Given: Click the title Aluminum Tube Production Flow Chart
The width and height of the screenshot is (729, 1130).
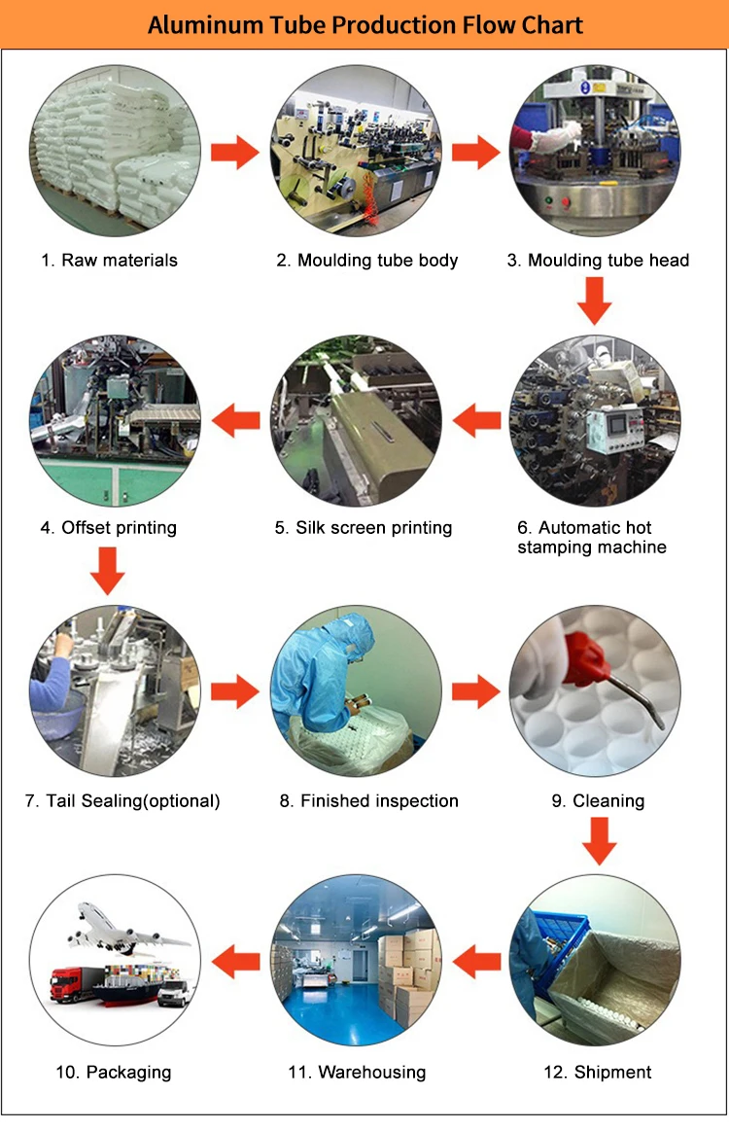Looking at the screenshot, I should [x=364, y=24].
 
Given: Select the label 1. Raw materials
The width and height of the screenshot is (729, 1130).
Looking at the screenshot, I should [x=110, y=260].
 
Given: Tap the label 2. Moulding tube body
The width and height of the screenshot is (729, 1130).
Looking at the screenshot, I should [x=366, y=260].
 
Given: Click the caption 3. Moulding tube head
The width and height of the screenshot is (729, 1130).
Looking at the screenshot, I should [x=599, y=260].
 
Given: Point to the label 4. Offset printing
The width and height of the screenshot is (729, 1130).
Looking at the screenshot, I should [x=109, y=528].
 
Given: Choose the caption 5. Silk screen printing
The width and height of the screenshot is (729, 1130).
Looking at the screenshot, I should [x=364, y=528].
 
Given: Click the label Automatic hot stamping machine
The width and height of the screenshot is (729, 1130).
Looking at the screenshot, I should [x=592, y=538].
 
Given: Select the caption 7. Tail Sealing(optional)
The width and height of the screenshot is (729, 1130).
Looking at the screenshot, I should [x=123, y=801].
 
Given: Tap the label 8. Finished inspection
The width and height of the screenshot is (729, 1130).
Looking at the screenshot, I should [x=368, y=801].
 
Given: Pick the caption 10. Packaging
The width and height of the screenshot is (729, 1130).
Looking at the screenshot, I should [x=114, y=1072].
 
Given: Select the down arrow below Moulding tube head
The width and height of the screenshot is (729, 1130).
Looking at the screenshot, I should [x=595, y=300].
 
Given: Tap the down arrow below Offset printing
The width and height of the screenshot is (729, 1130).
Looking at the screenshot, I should [x=108, y=570].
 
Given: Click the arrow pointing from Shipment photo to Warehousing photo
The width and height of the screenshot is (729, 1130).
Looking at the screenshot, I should [x=477, y=963].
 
